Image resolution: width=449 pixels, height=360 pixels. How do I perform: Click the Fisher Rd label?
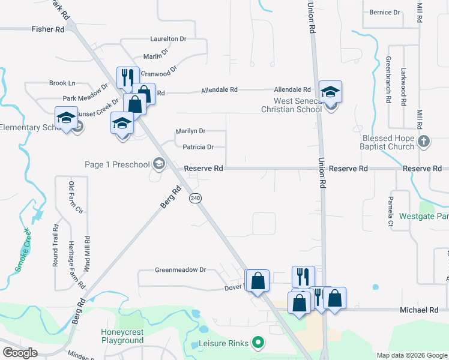coord(48,29)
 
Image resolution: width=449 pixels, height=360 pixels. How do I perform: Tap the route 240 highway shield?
coord(195,198)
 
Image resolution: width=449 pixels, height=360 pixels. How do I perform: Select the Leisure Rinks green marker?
coord(259,344)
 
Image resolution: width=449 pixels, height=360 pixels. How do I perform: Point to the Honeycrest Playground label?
coord(122,336)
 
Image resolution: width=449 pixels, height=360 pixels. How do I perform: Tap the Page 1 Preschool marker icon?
coord(159,163)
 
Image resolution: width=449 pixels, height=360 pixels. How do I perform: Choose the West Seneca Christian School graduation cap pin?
coord(330,92)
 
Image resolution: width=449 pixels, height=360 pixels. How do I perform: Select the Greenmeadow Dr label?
coord(180,270)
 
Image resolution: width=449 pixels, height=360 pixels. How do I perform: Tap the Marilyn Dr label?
coord(190,131)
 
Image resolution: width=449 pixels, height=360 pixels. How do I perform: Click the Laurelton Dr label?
coord(169,38)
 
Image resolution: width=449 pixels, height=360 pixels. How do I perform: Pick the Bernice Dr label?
coord(385,12)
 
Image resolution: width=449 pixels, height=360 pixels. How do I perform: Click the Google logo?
coord(20,353)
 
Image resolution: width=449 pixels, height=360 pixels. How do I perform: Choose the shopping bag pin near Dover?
coord(258,281)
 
